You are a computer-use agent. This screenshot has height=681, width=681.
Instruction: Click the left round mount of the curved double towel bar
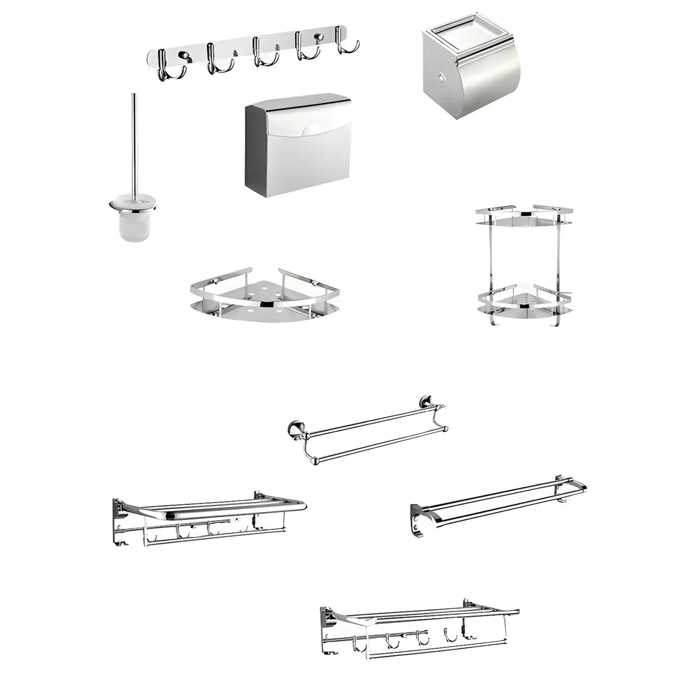coord(293,430)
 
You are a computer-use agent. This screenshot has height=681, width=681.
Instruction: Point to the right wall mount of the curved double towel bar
coord(426,402)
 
